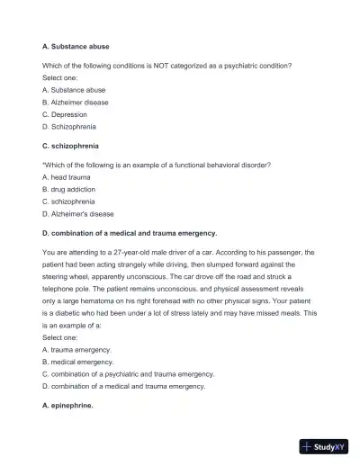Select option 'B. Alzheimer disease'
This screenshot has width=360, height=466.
[76, 103]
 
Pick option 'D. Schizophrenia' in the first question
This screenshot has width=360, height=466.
[72, 127]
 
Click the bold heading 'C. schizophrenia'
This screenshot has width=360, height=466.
[70, 145]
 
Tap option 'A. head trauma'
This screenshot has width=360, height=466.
[67, 177]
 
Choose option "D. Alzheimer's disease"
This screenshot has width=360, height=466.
[78, 214]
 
